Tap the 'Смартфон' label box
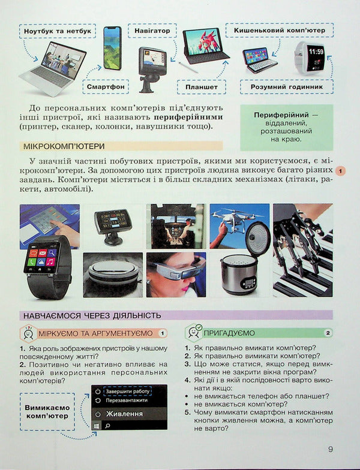tap(106, 86)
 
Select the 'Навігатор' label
tap(152, 29)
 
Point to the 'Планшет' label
tap(201, 86)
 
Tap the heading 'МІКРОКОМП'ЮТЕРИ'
tap(64, 146)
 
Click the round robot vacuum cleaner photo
tap(112, 275)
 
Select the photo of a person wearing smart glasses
tap(175, 275)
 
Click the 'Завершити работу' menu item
tap(127, 391)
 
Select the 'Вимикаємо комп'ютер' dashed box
tap(47, 411)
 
